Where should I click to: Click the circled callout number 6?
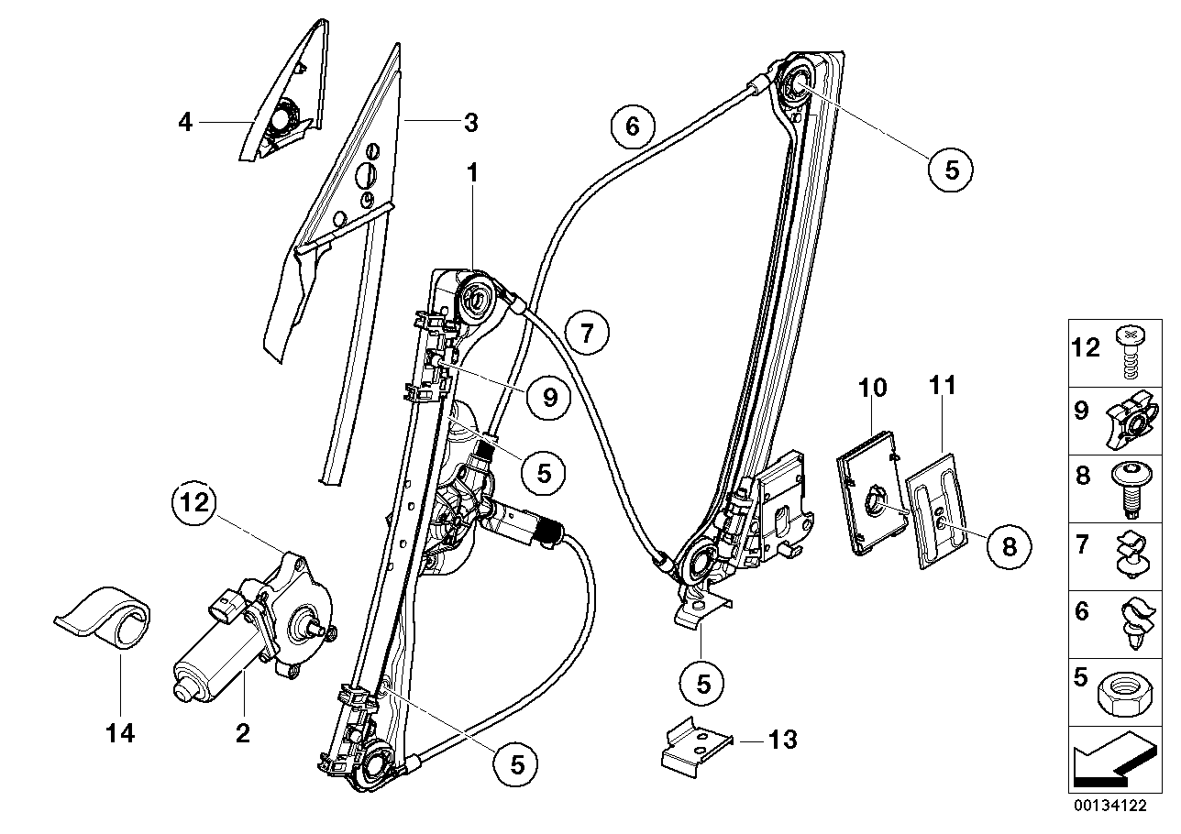click(633, 125)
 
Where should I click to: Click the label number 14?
click(121, 733)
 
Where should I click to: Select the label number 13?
click(783, 740)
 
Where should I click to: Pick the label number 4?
click(186, 121)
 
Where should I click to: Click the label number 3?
click(469, 121)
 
